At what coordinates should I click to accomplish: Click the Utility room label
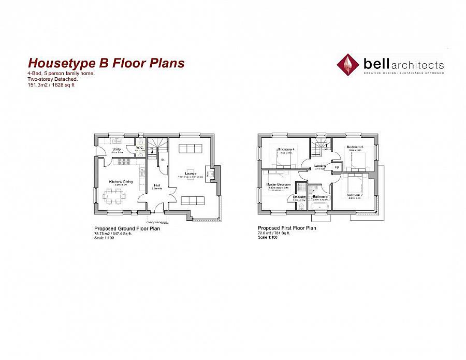tap(116, 149)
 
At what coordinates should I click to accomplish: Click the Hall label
tap(156, 185)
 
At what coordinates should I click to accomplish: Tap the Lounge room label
tap(191, 173)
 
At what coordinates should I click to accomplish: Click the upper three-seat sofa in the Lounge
tap(191, 149)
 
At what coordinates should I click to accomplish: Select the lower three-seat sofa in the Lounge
tap(191, 200)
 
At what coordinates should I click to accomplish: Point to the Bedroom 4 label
tap(286, 150)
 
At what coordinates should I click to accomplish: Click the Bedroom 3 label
tap(355, 147)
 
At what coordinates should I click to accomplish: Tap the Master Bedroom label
tap(279, 184)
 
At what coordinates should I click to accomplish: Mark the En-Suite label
tap(299, 197)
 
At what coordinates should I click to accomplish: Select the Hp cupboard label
tap(336, 167)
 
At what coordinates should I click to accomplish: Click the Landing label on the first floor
tap(319, 166)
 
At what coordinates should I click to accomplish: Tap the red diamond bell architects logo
tap(348, 65)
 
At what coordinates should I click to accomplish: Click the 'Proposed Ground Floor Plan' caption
tap(127, 228)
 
